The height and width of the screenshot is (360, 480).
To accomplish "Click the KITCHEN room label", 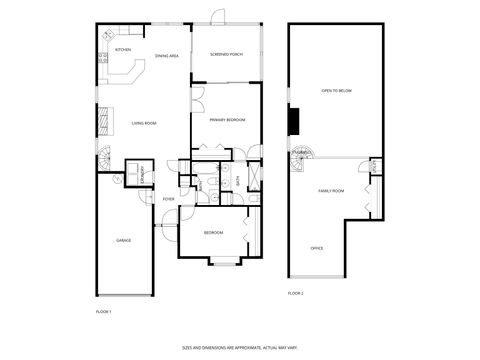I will (x=122, y=49).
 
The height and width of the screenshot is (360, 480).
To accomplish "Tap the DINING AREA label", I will (x=167, y=57).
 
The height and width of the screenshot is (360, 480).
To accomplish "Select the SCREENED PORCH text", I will (x=226, y=54).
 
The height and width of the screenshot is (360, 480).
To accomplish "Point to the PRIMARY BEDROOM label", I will (x=228, y=119).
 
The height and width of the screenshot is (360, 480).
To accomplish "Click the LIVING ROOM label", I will (x=144, y=123).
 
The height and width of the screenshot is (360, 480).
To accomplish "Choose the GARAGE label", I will (x=124, y=240).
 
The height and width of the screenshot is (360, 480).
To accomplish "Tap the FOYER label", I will (x=168, y=199).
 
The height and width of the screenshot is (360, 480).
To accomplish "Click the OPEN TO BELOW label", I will (x=336, y=90).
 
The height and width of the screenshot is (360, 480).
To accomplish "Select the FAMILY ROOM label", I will (x=331, y=190).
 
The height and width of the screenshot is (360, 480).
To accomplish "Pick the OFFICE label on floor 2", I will (x=316, y=247).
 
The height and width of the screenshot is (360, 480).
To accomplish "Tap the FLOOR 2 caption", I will (x=295, y=293).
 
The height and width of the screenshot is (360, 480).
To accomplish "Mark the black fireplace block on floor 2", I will (x=293, y=120).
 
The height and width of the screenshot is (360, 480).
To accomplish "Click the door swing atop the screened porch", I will (x=219, y=16).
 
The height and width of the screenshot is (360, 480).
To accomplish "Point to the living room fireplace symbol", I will (x=100, y=121).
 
